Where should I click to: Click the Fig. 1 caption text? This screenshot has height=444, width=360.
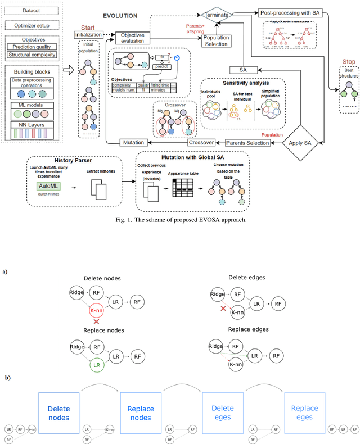180,219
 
